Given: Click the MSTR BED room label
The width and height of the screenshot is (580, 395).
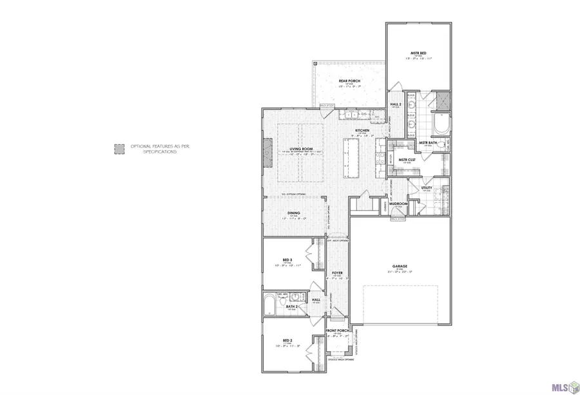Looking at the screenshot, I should click(x=418, y=53).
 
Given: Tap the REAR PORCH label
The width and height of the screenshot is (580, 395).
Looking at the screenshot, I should click(x=349, y=81).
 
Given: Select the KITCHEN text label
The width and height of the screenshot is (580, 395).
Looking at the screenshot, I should click(x=362, y=131).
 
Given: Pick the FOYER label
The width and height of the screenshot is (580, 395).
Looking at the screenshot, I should click(x=336, y=273).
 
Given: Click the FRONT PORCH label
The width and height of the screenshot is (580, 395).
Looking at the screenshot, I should click(x=338, y=331).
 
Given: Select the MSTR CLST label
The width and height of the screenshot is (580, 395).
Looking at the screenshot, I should click(x=405, y=160).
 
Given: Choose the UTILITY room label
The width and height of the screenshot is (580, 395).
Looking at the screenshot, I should click(x=426, y=188).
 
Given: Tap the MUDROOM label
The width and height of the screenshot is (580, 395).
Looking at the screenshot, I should click(x=398, y=204).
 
